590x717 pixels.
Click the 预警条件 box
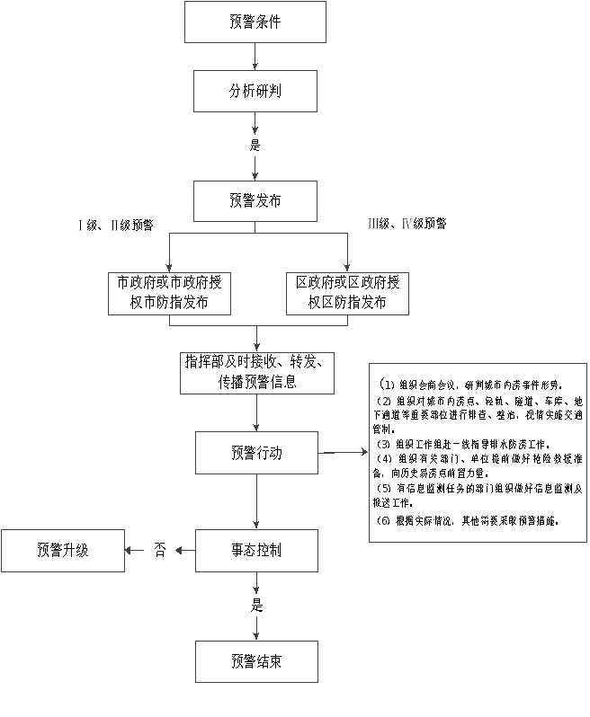[256, 24]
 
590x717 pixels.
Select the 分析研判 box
[256, 93]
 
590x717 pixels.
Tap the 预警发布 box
[256, 201]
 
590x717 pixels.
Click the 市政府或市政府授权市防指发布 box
[170, 294]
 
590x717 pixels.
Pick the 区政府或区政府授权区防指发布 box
[349, 294]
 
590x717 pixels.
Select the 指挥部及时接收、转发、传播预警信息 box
[256, 375]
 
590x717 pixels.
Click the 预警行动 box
[256, 454]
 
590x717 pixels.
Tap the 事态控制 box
[256, 552]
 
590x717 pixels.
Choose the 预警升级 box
[63, 552]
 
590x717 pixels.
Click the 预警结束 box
[256, 665]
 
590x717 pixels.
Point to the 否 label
[161, 551]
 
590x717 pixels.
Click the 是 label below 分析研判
[257, 147]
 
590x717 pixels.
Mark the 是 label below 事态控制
[257, 607]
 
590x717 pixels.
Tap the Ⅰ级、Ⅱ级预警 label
[117, 226]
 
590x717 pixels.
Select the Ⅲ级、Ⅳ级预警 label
[408, 225]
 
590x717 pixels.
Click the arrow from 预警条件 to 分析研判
[256, 58]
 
